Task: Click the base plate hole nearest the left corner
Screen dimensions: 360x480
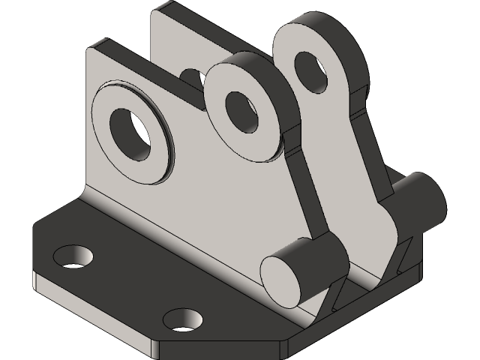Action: (73, 256)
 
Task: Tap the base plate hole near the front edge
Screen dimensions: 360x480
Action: (182, 319)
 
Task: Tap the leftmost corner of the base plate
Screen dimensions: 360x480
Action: (34, 225)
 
